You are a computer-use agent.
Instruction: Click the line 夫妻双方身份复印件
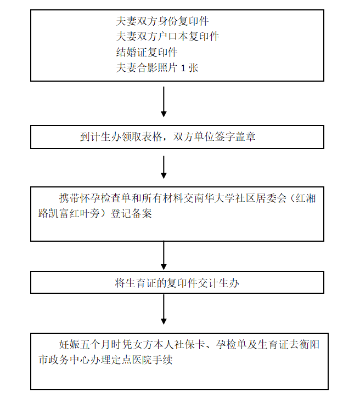(162, 21)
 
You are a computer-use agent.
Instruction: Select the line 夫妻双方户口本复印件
(167, 37)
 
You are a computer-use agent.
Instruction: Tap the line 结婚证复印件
(147, 53)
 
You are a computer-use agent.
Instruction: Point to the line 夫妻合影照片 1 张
(157, 68)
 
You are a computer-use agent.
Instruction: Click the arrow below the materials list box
(164, 102)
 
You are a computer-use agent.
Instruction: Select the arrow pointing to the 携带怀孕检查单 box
(164, 167)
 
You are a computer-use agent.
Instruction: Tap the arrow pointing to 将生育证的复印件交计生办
(164, 255)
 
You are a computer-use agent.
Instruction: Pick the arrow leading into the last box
(164, 309)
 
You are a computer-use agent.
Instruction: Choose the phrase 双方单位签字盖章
(214, 137)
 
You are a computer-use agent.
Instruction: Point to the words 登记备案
(131, 214)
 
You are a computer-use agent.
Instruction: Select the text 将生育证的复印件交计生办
(177, 283)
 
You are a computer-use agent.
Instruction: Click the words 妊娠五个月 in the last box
(85, 345)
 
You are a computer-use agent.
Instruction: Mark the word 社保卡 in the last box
(190, 345)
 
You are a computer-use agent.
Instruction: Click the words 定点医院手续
(142, 360)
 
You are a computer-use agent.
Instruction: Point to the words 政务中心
(69, 360)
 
